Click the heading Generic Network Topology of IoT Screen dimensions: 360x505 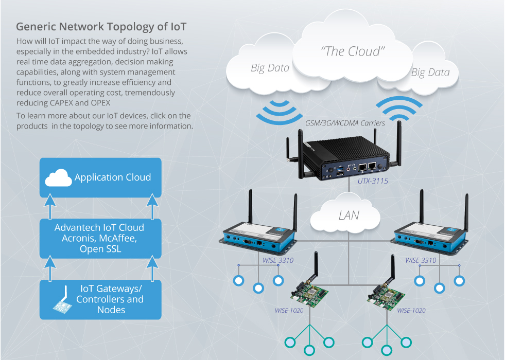pos(101,26)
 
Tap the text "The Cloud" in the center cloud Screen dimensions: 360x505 pos(353,51)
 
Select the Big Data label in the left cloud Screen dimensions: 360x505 pos(270,67)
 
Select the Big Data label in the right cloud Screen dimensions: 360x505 pos(430,72)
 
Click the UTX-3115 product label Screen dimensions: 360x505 pos(373,181)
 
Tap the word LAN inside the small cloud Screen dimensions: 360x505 pos(349,215)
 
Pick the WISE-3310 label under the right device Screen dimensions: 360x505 pos(421,260)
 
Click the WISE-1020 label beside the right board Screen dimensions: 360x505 pos(411,310)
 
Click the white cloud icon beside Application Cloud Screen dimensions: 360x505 pos(58,178)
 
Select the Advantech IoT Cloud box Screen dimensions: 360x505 pos(101,238)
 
